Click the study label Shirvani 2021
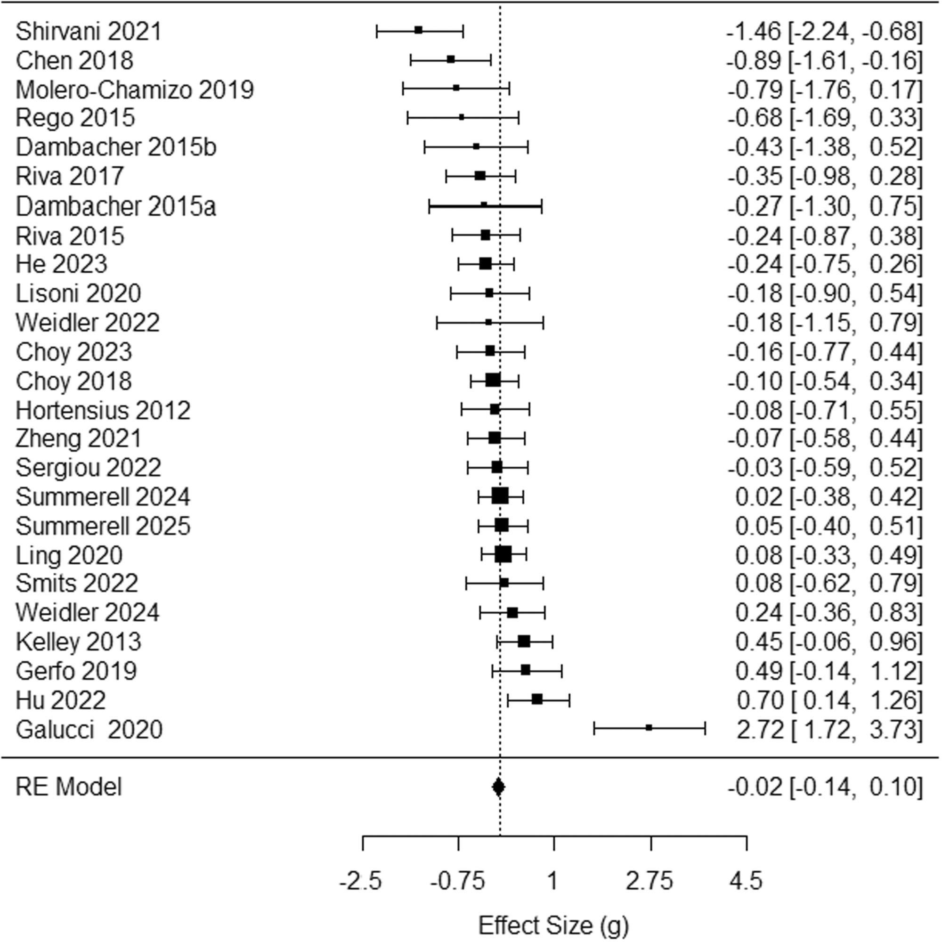pos(88,32)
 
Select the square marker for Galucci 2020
pos(649,728)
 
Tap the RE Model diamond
pos(498,787)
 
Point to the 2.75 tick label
pos(650,882)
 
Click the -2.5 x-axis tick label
pos(360,882)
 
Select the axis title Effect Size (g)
pos(553,926)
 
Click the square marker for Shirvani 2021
pos(418,30)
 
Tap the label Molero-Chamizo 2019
pos(135,89)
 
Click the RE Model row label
pos(69,787)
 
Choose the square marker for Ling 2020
pos(503,554)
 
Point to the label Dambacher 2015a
pos(116,206)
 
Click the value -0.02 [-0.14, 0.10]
pos(825,787)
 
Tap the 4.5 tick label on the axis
pos(746,882)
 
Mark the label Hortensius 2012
pos(103,411)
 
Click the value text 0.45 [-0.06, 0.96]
pos(828,642)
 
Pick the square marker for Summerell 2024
pos(500,496)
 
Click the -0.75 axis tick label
pos(457,882)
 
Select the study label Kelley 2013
pos(79,642)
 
